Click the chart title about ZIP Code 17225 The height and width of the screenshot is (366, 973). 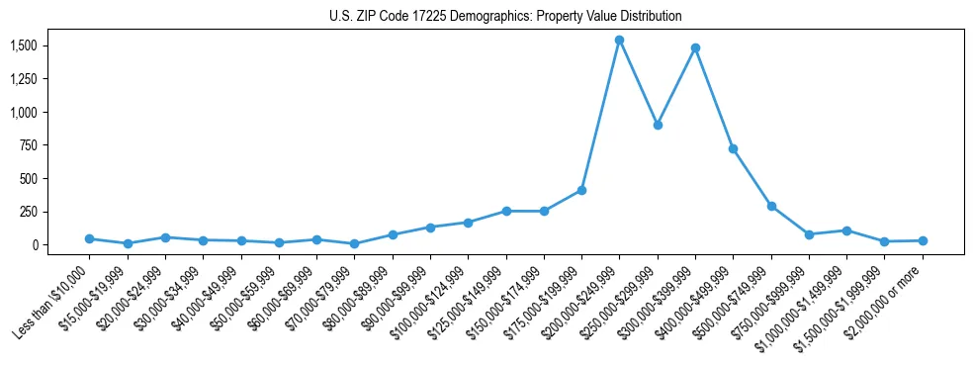click(x=505, y=16)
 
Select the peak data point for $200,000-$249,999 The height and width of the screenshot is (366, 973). click(x=619, y=41)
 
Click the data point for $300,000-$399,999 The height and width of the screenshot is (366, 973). click(x=695, y=47)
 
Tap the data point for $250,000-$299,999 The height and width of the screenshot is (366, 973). click(x=658, y=125)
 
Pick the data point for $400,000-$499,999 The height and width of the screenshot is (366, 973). click(x=733, y=148)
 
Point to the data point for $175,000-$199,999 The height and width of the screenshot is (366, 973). click(x=581, y=190)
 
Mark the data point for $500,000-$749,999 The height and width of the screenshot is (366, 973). click(x=771, y=206)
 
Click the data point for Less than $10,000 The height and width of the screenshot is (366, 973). click(x=89, y=238)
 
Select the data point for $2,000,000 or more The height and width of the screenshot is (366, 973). click(x=923, y=240)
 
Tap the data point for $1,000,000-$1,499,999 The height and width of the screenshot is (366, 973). click(x=846, y=230)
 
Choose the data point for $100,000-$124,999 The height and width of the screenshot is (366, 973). click(x=468, y=223)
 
